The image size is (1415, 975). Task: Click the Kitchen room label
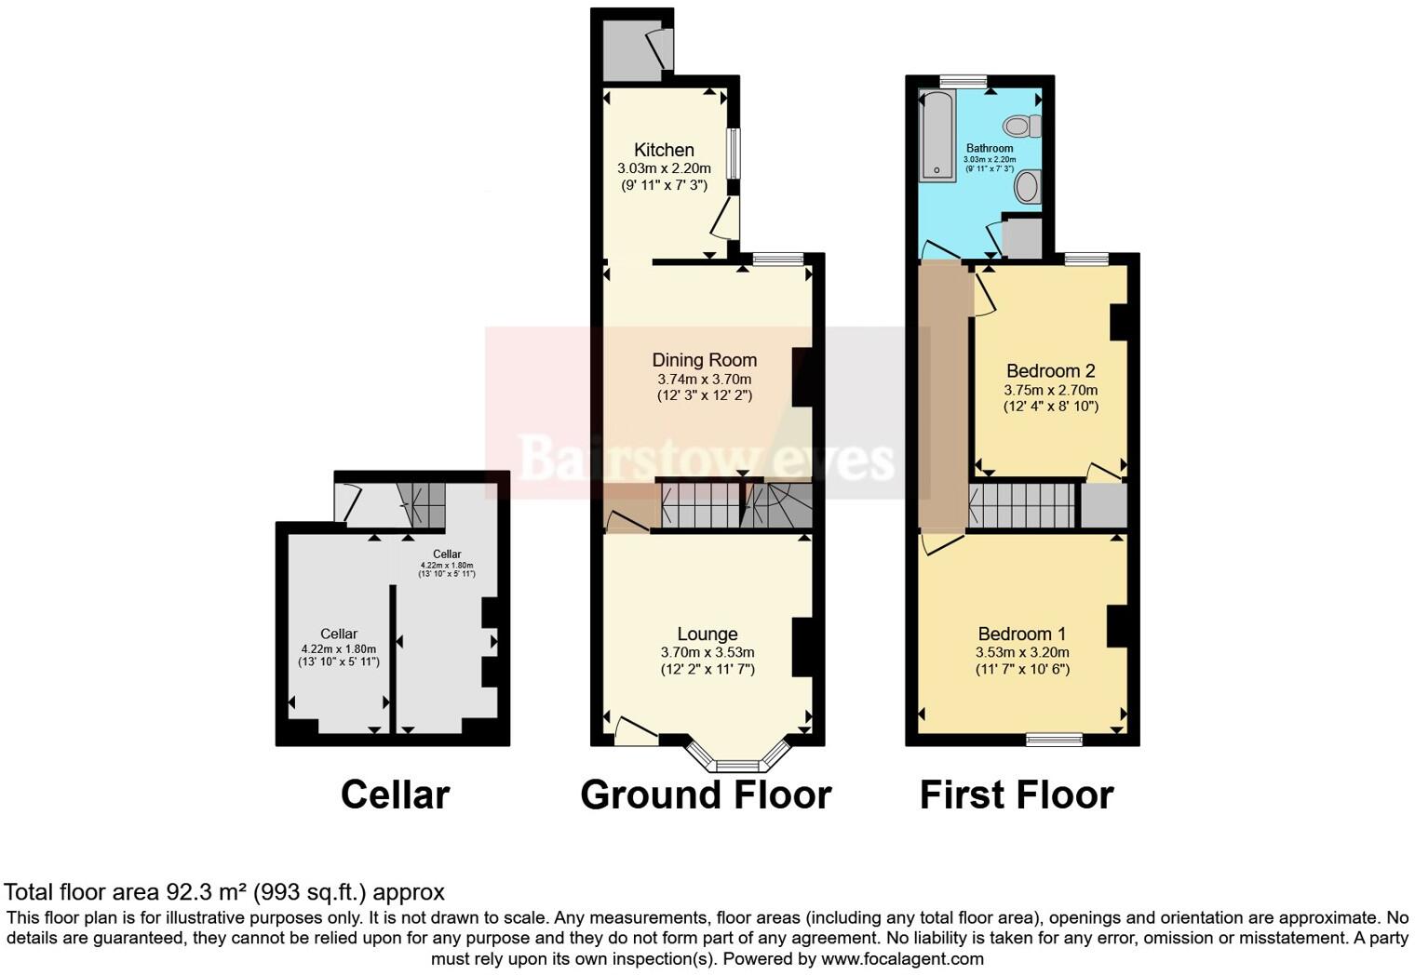pos(664,150)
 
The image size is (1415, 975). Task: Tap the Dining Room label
pos(704,360)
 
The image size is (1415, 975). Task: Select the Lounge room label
pos(707,634)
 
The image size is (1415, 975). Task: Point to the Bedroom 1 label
pos(1021,634)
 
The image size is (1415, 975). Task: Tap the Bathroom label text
pos(990,148)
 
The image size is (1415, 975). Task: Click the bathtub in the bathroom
pos(937,135)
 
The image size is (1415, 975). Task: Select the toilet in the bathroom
pos(1021,125)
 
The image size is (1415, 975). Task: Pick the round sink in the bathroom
pos(1027,186)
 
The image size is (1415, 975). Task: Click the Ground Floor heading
pos(706,795)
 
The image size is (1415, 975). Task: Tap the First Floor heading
pos(1017,795)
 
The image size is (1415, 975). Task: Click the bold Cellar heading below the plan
pos(395,795)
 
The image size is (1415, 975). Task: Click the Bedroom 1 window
pos(1054,740)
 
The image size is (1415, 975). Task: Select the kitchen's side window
pos(734,152)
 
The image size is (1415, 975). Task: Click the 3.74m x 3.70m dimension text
pos(704,380)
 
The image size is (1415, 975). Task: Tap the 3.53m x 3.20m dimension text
pos(1021,653)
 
